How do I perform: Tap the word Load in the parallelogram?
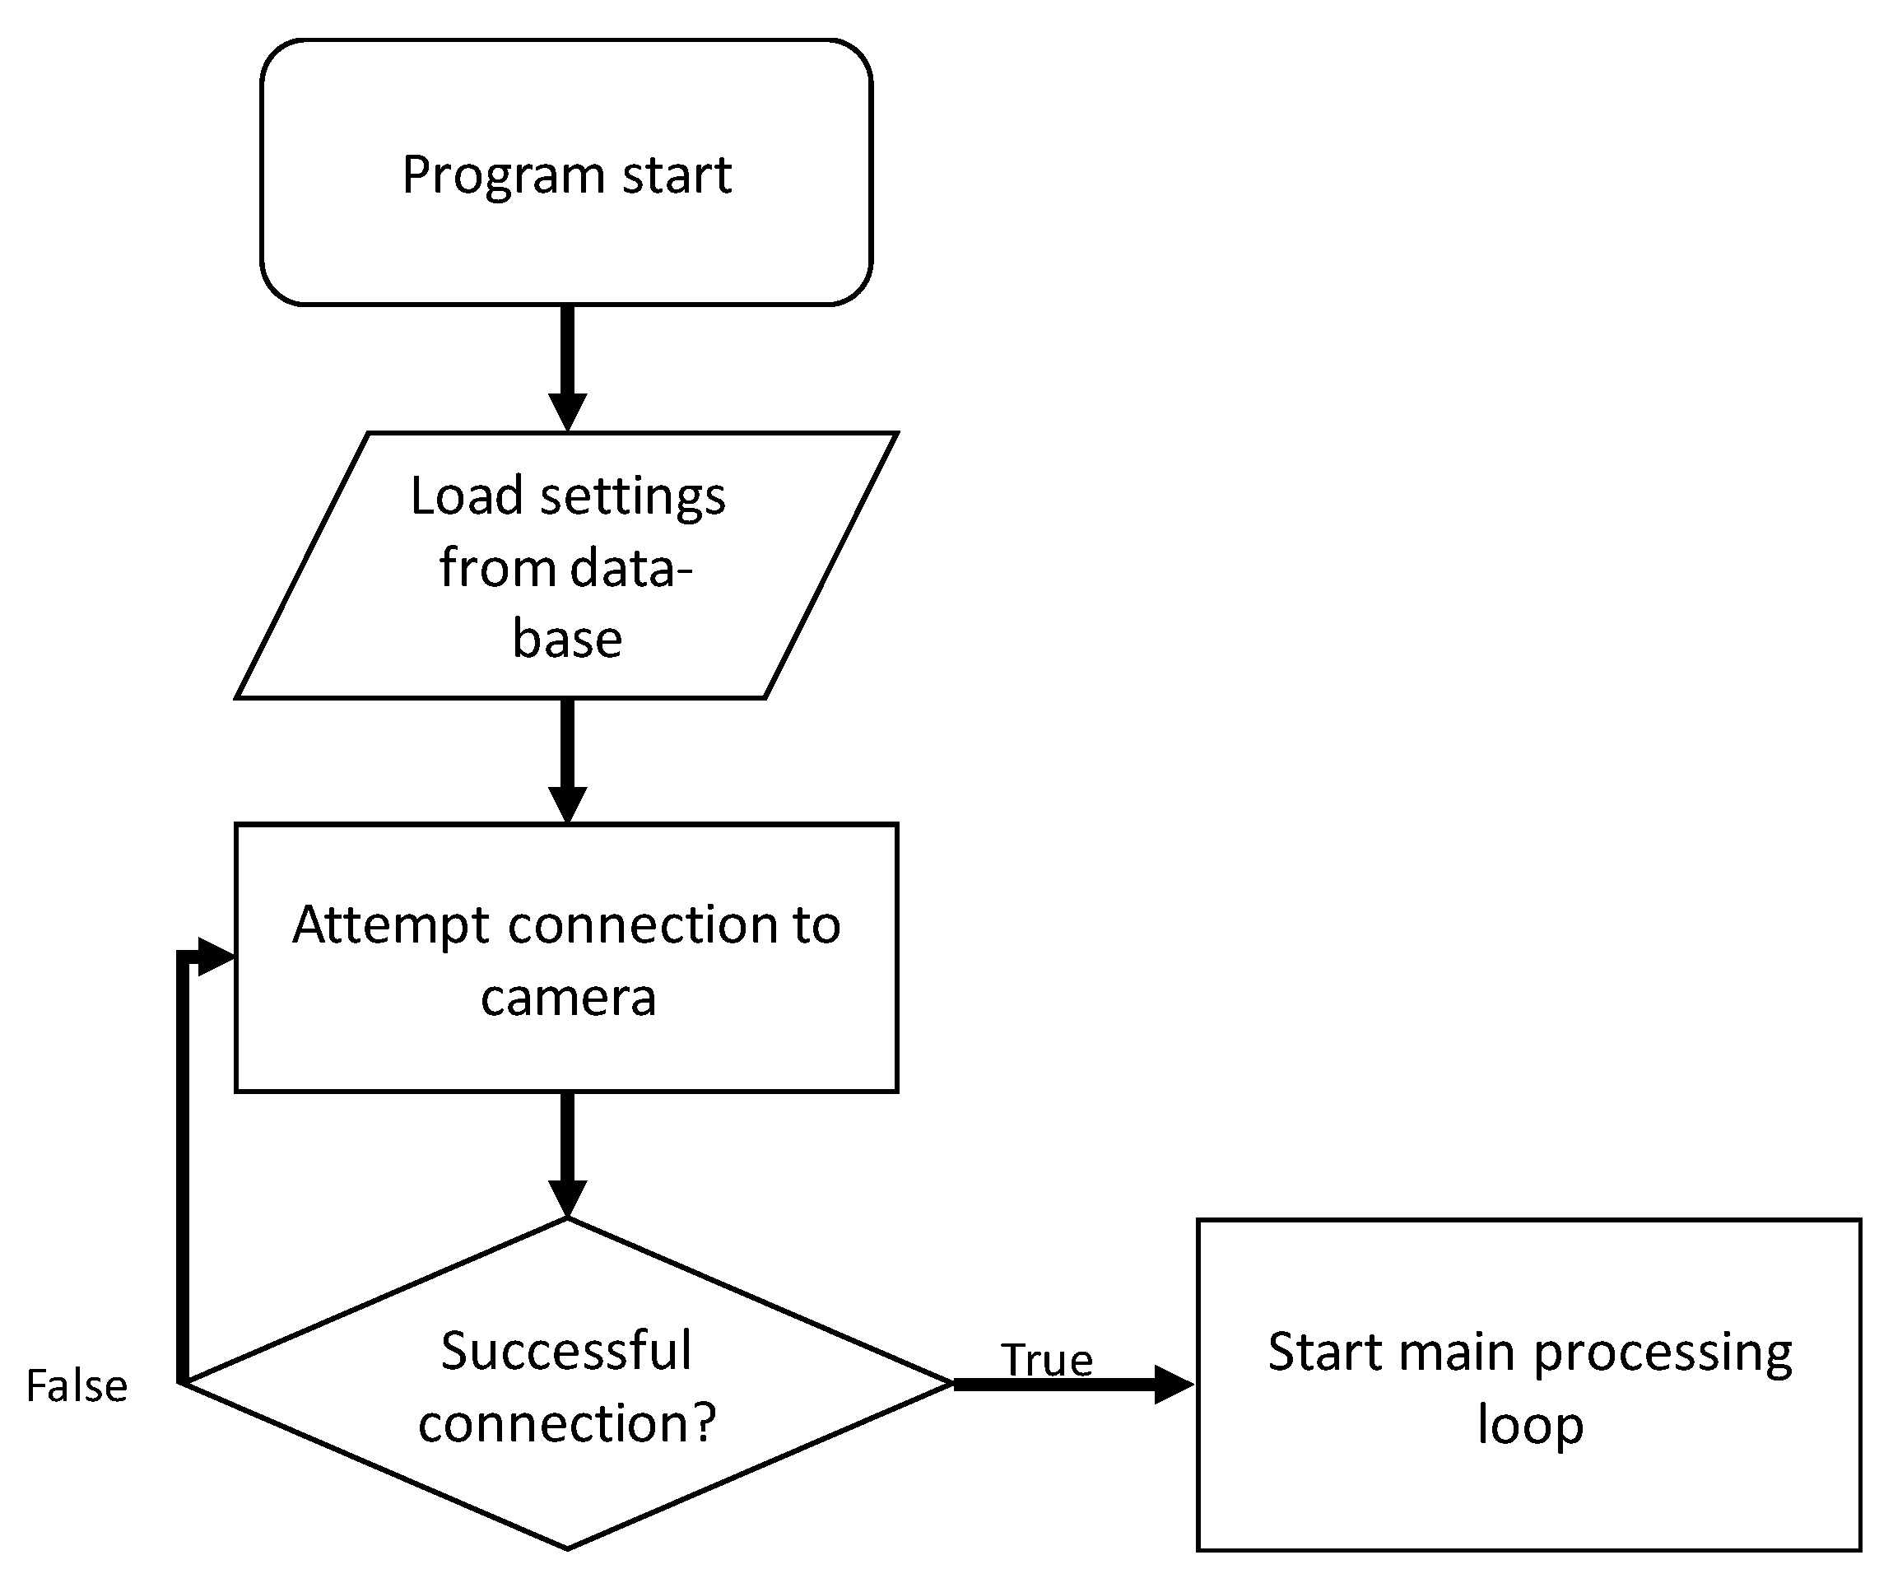coord(466,496)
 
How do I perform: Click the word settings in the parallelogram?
coord(632,497)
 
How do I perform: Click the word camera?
coord(568,997)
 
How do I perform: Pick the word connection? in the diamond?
coord(567,1423)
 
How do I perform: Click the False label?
coord(77,1386)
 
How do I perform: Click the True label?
coord(1047,1359)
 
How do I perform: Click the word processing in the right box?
coord(1663,1353)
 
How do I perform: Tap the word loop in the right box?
coord(1530,1425)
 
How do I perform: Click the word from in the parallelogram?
coord(496,568)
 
